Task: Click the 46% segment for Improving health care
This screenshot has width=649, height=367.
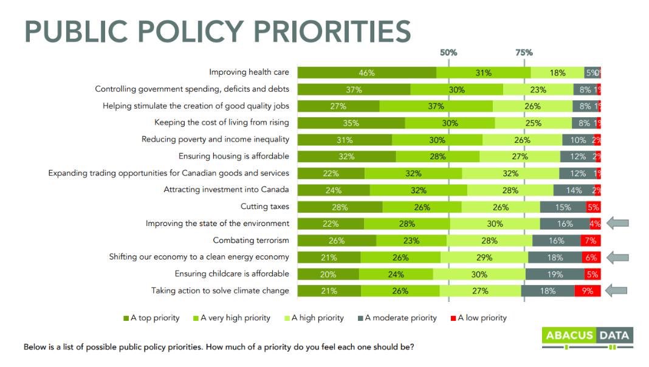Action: click(x=366, y=72)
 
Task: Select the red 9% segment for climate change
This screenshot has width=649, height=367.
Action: click(x=588, y=291)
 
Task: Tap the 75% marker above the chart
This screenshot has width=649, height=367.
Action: click(x=524, y=52)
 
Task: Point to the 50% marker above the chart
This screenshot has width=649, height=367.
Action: click(x=448, y=52)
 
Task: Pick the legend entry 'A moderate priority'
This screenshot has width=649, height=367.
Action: click(x=400, y=318)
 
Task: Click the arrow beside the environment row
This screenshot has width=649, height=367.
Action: click(x=617, y=224)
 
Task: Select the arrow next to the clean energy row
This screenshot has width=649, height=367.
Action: click(x=617, y=257)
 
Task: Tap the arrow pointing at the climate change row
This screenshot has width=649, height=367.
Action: click(x=617, y=290)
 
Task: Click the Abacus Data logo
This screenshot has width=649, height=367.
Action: click(x=587, y=336)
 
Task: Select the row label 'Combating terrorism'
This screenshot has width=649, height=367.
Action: click(x=250, y=240)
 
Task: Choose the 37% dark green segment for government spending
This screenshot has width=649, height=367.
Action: click(x=354, y=89)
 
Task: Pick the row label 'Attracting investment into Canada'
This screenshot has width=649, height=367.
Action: click(x=226, y=190)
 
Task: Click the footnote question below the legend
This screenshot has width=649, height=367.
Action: click(x=219, y=348)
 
